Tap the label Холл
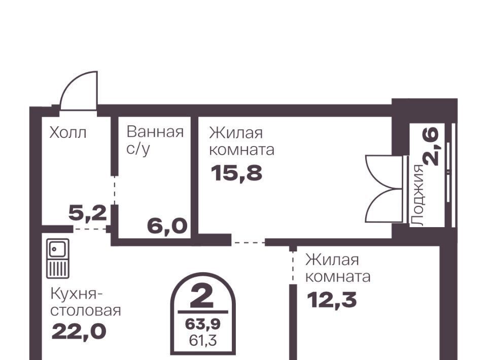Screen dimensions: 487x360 point(67,133)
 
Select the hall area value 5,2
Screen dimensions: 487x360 point(88,214)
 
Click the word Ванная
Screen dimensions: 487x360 point(155,132)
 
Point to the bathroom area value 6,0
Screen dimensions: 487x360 point(167,226)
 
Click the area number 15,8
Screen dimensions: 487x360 point(236,173)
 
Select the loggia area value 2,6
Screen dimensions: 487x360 point(432,147)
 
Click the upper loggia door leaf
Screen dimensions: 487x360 point(384,171)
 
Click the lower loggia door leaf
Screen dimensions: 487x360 point(384,205)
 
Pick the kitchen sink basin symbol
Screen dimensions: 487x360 point(58,249)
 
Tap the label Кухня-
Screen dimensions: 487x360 point(75,294)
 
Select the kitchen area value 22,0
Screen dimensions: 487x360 point(79,332)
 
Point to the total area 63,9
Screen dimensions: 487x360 point(203,325)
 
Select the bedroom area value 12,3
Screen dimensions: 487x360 point(332,300)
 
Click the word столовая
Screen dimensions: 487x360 point(85,311)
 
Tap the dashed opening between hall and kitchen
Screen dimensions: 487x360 point(90,229)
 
